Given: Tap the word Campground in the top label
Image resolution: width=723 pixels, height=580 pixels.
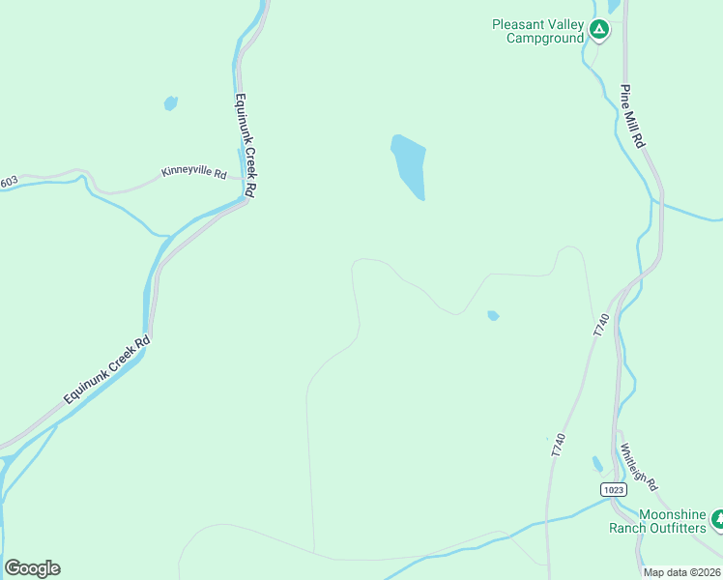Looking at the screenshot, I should point(545,38).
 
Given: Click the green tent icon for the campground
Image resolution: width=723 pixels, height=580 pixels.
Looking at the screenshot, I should point(599,31).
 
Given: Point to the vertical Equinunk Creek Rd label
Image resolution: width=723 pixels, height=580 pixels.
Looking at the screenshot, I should point(243,145).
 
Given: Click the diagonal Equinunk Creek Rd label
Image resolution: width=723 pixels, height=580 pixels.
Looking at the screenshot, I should point(107,369).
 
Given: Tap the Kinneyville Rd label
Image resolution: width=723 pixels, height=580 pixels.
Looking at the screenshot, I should point(193,175).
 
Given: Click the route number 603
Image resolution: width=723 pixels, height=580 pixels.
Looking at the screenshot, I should point(9,181).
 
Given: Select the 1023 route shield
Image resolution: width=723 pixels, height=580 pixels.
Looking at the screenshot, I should point(612,489).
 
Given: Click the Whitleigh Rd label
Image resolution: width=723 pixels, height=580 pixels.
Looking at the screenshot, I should point(639,466).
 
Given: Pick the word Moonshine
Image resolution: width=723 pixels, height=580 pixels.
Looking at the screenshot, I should point(672,514).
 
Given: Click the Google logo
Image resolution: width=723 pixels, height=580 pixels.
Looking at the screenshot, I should point(32,568).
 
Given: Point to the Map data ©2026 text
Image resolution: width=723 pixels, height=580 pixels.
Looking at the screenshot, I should point(682,572).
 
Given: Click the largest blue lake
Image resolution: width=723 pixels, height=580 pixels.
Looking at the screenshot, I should point(408,164).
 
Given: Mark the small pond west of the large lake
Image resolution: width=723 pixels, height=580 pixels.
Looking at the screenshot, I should point(171,102).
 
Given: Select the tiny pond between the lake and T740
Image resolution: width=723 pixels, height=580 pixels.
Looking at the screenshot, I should point(493,315).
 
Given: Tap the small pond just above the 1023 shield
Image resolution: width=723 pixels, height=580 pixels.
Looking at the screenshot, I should point(597,464).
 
